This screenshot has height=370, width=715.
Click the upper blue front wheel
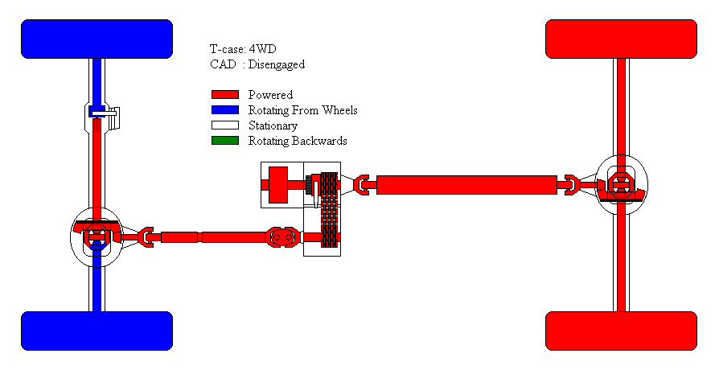click(97, 39)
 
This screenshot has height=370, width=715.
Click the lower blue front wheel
click(97, 331)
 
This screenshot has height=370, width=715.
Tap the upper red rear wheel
click(621, 39)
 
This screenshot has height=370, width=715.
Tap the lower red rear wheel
click(621, 331)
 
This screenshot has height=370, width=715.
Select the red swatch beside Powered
click(225, 94)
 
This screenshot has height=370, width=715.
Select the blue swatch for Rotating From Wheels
click(225, 110)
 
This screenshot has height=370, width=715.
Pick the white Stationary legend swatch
click(225, 125)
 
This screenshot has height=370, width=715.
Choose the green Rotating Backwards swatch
click(225, 141)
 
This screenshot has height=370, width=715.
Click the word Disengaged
click(277, 65)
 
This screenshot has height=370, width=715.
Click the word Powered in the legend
click(270, 94)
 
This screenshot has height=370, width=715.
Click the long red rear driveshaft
click(466, 185)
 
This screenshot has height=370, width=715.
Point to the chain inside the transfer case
click(329, 210)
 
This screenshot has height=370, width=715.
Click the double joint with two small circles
click(282, 237)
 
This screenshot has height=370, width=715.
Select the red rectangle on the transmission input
click(278, 185)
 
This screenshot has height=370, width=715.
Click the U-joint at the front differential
click(146, 237)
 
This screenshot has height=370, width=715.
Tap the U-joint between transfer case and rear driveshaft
click(362, 185)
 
